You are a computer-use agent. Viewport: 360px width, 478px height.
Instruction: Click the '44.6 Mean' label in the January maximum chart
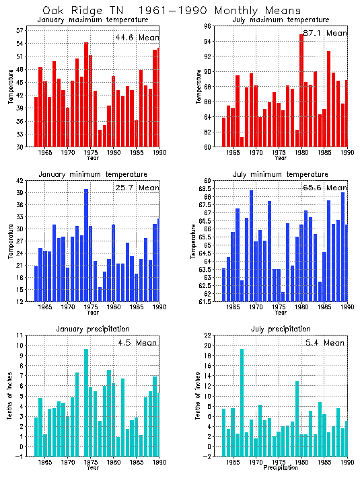137,38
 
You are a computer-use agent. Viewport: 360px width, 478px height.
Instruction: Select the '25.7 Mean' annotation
137,188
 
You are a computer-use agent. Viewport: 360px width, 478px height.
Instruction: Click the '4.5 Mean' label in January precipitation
137,342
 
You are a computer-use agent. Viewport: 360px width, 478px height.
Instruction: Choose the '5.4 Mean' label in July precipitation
325,342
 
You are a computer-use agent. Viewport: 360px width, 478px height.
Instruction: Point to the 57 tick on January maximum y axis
20,31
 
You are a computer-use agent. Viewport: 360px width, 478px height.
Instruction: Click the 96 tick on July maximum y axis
208,26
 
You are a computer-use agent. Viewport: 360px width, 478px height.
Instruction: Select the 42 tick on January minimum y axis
20,181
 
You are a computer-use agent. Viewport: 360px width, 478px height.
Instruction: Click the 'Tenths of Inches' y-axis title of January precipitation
10,397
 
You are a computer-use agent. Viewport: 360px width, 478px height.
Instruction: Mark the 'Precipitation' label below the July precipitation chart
282,467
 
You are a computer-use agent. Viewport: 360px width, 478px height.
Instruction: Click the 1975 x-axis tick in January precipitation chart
91,463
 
